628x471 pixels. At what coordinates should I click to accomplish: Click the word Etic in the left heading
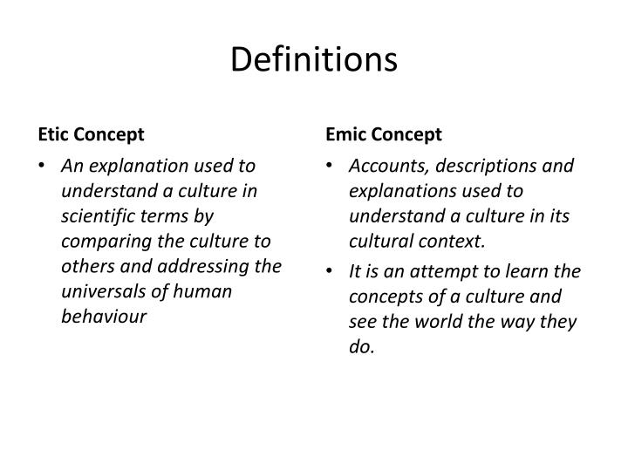click(53, 134)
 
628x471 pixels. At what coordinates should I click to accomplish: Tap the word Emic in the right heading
click(345, 134)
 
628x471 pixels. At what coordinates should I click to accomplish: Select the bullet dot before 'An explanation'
click(43, 166)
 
